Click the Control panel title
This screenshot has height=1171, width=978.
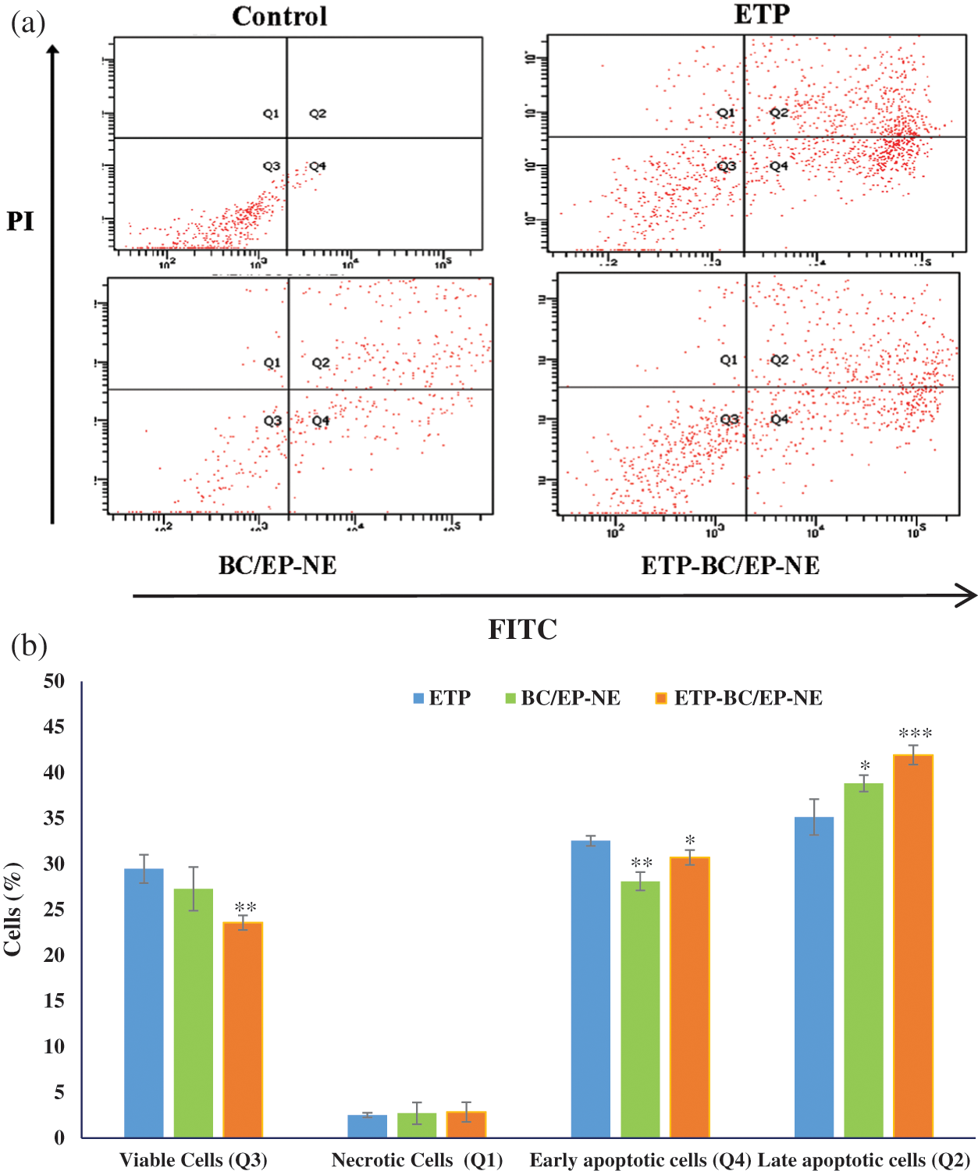click(x=279, y=16)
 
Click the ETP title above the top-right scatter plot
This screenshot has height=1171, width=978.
click(x=762, y=14)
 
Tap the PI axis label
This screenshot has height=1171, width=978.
click(x=20, y=222)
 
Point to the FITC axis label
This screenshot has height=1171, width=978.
click(x=522, y=629)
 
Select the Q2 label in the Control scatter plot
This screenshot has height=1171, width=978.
click(x=318, y=114)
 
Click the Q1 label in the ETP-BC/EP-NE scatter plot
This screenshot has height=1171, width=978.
click(x=728, y=360)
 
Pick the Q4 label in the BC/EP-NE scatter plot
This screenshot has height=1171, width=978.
click(x=320, y=421)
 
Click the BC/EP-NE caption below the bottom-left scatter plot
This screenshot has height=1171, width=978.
click(x=277, y=565)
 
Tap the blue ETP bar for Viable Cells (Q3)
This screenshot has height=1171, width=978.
click(x=144, y=1002)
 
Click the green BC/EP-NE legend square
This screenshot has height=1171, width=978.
click(x=510, y=698)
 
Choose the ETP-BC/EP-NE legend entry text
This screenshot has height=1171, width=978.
click(x=748, y=698)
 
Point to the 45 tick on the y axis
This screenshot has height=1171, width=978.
click(x=54, y=727)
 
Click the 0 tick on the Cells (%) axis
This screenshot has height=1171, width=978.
click(x=59, y=1137)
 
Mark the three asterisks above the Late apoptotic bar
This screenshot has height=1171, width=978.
click(x=915, y=733)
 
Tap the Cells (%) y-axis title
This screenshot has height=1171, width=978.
click(x=13, y=909)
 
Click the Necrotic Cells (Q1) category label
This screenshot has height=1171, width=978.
click(x=417, y=1160)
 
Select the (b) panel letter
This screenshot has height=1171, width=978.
click(x=29, y=646)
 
